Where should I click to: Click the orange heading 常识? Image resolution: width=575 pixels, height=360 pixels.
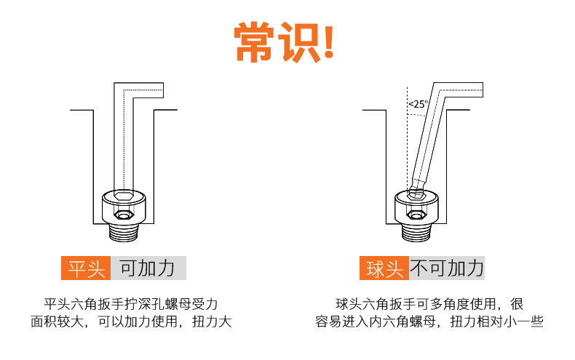(x=286, y=42)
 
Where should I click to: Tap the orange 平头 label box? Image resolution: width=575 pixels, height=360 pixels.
(x=86, y=269)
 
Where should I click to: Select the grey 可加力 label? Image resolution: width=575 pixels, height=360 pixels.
(x=148, y=269)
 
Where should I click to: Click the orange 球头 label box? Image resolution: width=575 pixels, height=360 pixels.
(x=384, y=269)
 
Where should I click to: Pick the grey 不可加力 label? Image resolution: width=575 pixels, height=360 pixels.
(x=447, y=269)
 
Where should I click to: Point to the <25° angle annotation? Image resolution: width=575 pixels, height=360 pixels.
(x=418, y=104)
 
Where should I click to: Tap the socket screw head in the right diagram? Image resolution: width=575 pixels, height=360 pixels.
(x=417, y=207)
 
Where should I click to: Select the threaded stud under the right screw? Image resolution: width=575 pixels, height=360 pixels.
(x=417, y=233)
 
